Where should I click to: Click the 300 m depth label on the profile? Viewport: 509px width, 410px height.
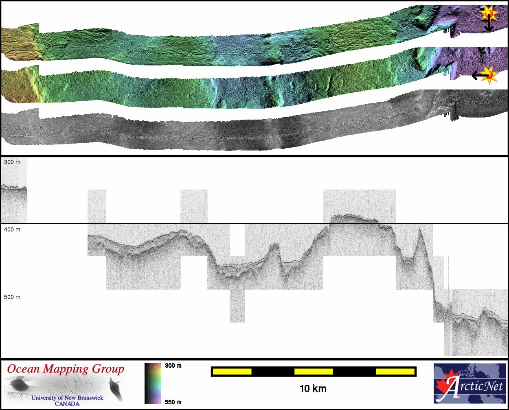coord(12,162)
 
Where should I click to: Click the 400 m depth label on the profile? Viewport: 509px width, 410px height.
coord(12,229)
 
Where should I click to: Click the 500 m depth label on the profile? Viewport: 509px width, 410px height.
coord(12,297)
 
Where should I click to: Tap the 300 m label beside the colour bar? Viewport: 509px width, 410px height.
coord(173,366)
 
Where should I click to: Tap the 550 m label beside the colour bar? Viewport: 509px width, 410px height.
coord(173,402)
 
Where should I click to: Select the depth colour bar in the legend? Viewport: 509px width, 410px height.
coord(153,384)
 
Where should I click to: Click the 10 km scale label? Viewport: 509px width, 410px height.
coord(313,389)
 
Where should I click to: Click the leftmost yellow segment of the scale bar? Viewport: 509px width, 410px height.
coord(232,372)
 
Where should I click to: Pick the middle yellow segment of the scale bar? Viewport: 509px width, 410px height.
coord(314,372)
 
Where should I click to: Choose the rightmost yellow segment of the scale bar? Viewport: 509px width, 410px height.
coord(395,372)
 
